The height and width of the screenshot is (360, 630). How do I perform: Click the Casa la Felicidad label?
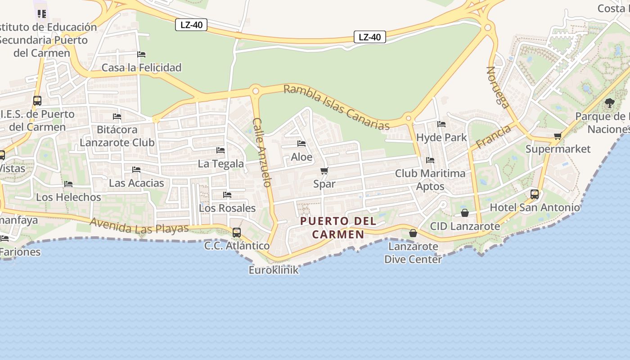[x=141, y=67]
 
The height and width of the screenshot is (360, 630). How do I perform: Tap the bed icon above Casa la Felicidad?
[x=141, y=54]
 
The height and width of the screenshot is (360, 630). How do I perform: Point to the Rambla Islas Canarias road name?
[x=337, y=107]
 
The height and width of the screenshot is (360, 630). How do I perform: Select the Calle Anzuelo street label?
[x=262, y=152]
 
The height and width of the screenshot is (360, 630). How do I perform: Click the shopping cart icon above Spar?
[x=324, y=171]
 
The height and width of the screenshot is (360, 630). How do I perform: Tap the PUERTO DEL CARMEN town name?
[x=338, y=228]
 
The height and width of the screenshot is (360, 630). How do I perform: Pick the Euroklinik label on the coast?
[x=274, y=270]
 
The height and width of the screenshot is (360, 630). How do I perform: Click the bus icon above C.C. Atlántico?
[x=237, y=233]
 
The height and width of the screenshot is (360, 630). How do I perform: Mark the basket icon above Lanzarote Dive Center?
[x=413, y=233]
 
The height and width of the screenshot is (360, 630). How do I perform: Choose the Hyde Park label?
[x=441, y=137]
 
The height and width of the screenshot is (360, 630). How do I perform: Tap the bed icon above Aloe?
[x=301, y=144]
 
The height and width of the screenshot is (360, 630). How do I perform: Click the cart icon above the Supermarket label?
[x=558, y=136]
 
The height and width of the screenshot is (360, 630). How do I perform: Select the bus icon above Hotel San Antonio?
[x=534, y=194]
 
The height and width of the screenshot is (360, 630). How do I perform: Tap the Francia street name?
[x=494, y=137]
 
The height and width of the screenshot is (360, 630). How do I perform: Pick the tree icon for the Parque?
[x=610, y=103]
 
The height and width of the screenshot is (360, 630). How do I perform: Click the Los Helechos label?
[x=68, y=197]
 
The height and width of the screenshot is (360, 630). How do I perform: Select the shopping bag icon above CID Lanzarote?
[x=465, y=213]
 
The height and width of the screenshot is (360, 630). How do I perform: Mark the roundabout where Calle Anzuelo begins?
[x=256, y=91]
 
